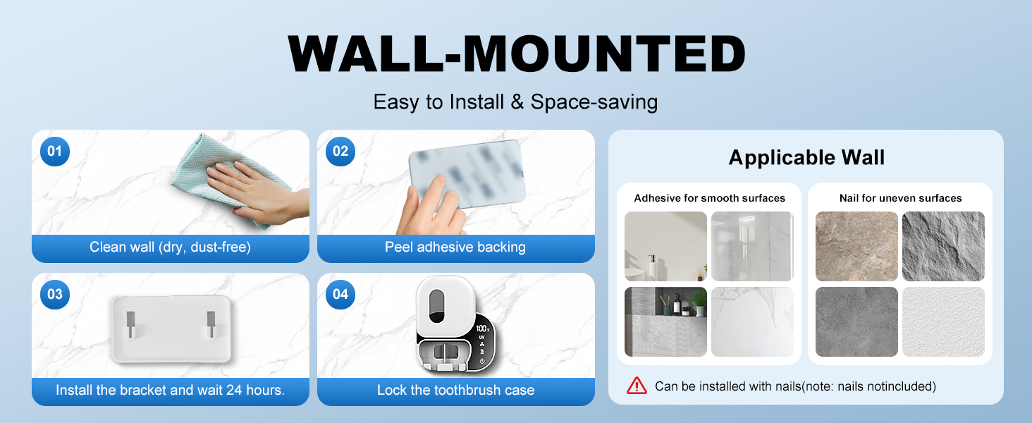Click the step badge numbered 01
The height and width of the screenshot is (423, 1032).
coord(55,151)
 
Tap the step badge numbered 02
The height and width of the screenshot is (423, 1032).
coord(340,151)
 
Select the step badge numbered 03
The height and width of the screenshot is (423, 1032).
coord(55,295)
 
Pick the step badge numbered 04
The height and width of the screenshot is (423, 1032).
coord(340,295)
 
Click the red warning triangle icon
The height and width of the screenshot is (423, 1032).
coord(637,386)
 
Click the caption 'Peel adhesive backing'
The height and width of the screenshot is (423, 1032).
coord(455,247)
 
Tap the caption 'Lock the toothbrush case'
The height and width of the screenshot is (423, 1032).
coord(455,391)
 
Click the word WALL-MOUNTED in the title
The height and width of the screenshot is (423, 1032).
coord(517,54)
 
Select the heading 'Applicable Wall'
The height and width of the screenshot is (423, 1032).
coord(806,158)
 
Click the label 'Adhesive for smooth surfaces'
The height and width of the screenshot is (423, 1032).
coord(709,198)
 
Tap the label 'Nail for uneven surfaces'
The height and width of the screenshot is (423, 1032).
coord(901,198)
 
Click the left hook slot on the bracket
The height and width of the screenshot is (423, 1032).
coord(131,324)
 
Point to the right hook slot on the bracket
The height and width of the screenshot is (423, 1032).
coord(211,324)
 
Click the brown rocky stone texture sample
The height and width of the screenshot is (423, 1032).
coord(856,246)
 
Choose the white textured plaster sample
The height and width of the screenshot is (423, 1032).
coord(943,321)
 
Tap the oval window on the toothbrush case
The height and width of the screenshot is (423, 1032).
coord(437,306)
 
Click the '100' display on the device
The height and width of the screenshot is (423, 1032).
coord(482,329)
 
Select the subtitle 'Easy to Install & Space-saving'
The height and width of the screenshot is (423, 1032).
coord(515,102)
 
